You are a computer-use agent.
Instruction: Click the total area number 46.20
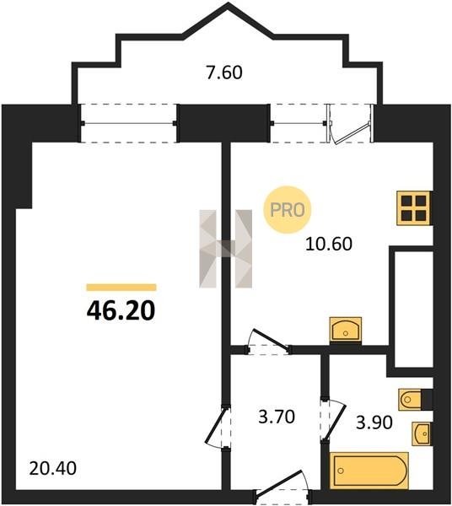[x=121, y=310]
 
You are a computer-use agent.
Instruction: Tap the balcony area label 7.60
[x=224, y=73]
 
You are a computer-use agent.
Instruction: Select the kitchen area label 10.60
[x=328, y=244]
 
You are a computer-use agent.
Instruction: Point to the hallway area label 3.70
[x=277, y=417]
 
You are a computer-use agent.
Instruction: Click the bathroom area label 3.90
[x=374, y=423]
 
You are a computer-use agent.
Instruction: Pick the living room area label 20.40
[x=52, y=468]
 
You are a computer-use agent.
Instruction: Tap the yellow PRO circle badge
[x=287, y=210]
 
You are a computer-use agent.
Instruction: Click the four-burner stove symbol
[x=414, y=208]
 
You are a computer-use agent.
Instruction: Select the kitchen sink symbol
[x=345, y=330]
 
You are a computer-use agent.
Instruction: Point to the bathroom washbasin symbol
[x=422, y=433]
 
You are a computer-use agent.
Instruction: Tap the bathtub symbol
[x=369, y=471]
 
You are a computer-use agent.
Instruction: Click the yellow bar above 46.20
[x=121, y=288]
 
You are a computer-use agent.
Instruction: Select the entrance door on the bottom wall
[x=283, y=487]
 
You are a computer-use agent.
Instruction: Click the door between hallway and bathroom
[x=332, y=421]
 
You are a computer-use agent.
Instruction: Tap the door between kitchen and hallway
[x=268, y=342]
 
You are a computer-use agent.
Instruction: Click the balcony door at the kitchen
[x=350, y=124]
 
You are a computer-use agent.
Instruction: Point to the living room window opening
[x=129, y=123]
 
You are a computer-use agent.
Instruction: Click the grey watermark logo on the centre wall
[x=225, y=249]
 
